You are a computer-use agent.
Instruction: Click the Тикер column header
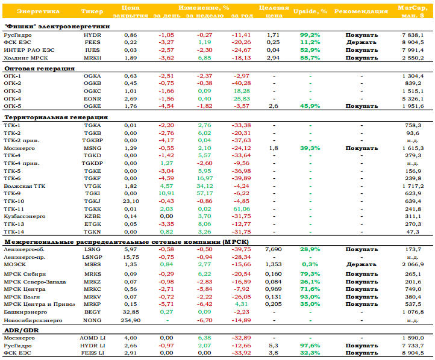92,11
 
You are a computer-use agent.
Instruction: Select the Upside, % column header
310,11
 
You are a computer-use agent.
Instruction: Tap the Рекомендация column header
361,11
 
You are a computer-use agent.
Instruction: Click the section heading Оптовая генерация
39,69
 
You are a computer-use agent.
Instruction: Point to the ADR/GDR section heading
21,331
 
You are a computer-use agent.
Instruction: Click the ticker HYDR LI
92,346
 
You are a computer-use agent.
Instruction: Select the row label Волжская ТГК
25,186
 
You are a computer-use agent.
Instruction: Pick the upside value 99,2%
310,35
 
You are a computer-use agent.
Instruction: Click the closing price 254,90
130,320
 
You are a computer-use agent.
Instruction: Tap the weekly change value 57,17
205,193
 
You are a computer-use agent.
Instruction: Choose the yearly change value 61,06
242,209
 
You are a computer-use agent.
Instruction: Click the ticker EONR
92,99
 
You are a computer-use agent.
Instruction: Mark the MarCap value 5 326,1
413,99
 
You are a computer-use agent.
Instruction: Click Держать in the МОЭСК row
361,264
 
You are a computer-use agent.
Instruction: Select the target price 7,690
274,249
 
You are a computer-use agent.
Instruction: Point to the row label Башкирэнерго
25,312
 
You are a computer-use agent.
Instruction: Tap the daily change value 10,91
166,193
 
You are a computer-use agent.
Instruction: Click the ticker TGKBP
92,140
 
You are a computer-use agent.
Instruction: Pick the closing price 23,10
131,201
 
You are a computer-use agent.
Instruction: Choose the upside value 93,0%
310,297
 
